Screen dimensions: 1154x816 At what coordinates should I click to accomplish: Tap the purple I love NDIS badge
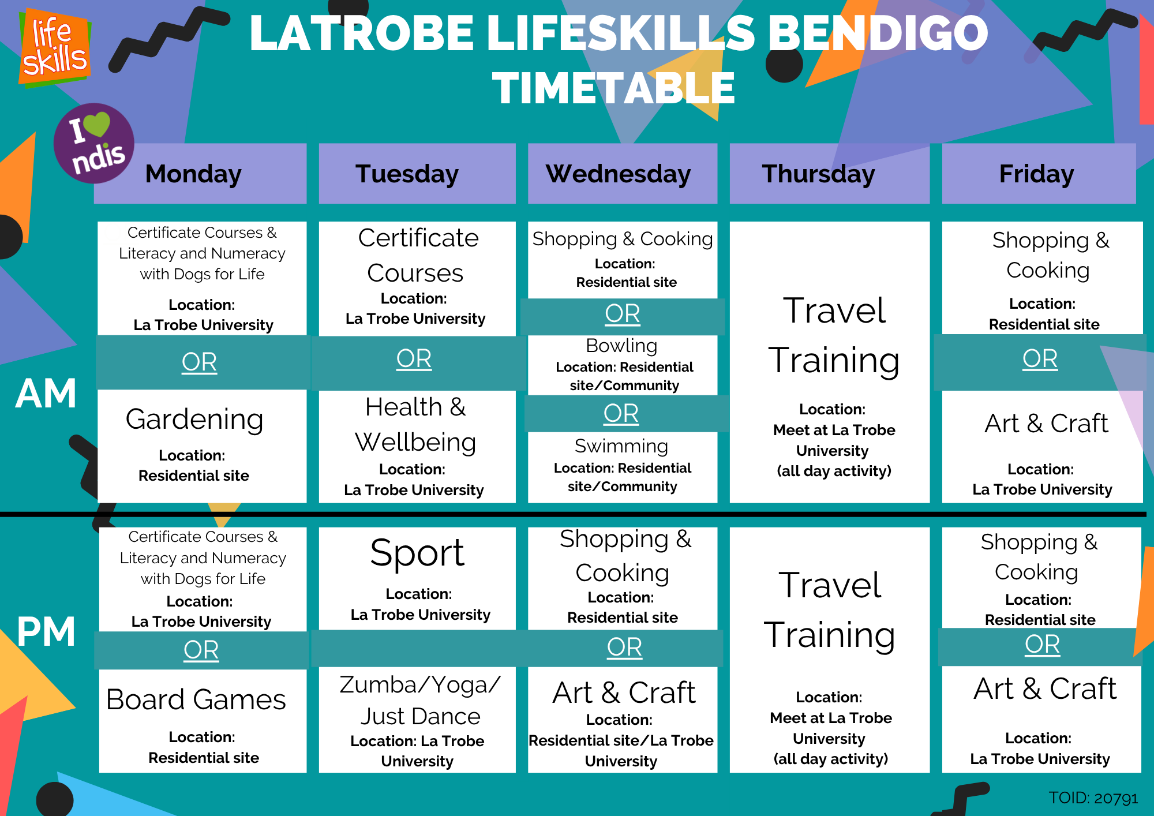94,143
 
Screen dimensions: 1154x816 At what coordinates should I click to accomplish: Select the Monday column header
200,174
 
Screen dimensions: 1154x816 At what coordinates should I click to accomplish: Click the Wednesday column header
623,174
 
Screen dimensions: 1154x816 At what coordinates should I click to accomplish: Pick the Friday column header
1039,174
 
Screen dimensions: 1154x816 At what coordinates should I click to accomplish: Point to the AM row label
46,394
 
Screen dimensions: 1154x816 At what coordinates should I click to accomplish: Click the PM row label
46,631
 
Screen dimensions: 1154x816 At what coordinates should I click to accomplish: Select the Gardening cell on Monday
202,446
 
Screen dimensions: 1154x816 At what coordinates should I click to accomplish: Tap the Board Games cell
203,721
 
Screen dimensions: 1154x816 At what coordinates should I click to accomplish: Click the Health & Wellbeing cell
417,447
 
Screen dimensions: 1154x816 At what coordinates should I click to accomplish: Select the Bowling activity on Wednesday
623,365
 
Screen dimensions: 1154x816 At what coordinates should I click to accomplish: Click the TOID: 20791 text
1093,798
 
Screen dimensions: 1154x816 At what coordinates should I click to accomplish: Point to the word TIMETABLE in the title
613,88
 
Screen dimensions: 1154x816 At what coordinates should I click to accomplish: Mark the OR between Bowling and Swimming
621,414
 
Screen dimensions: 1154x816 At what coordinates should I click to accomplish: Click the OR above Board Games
201,650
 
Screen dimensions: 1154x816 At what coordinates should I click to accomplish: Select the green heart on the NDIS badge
96,123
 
